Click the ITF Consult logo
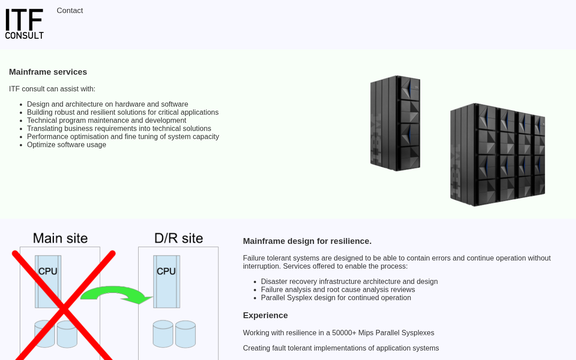point(24,24)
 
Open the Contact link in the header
point(70,11)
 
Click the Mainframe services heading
point(48,72)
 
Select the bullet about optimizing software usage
point(67,145)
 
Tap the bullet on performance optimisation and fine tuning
point(123,137)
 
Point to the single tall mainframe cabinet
point(395,123)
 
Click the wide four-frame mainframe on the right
point(498,155)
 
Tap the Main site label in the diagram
point(60,238)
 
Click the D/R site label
point(179,238)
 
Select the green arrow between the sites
point(117,294)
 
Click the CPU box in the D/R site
point(166,281)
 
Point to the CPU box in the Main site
point(48,281)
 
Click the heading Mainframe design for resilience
point(307,241)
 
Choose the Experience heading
point(265,315)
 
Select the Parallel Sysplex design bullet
point(336,298)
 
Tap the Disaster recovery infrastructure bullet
point(349,282)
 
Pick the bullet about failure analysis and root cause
point(338,290)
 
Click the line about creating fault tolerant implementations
point(341,348)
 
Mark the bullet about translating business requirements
point(119,129)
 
